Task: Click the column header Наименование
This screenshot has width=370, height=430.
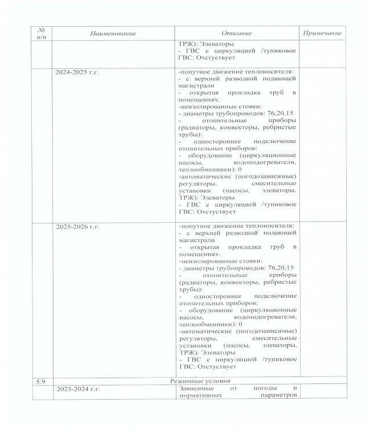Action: [113, 34]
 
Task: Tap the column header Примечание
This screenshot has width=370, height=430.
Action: [322, 34]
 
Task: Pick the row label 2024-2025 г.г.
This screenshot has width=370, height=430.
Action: [77, 73]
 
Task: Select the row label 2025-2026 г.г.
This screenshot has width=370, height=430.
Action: [77, 226]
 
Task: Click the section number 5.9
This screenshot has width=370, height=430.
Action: [40, 380]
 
